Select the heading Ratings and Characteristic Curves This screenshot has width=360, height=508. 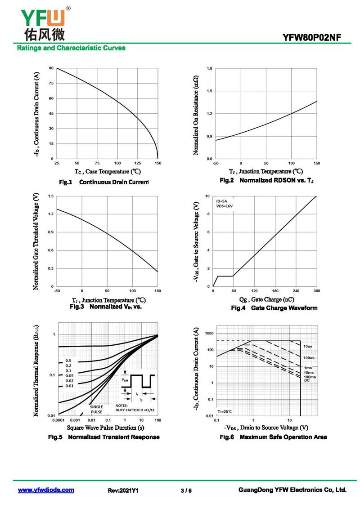pos(71,48)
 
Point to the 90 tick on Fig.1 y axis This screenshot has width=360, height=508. pos(51,68)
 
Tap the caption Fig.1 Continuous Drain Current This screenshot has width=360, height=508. pos(104,183)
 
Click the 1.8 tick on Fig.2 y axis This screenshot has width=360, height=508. pos(209,68)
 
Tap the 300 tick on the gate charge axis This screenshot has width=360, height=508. pos(316,291)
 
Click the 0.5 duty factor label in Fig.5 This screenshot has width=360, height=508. pos(68,361)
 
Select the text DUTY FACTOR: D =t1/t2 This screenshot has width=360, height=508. pos(135,410)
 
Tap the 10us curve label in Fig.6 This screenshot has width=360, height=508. pos(308,347)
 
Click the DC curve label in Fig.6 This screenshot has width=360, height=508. pos(307,380)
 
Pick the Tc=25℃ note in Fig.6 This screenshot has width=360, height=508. pos(226,411)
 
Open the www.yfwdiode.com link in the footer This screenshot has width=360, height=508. pos(46,490)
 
